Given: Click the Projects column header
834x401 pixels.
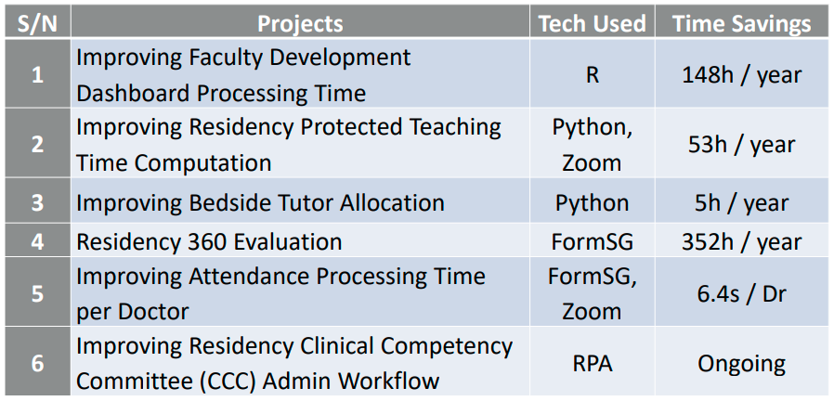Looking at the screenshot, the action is pos(300,24).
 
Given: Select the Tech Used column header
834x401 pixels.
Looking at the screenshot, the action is pos(592,24).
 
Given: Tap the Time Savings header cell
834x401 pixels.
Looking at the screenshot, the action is pos(742,24).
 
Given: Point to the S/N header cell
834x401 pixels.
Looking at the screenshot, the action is pos(37,24).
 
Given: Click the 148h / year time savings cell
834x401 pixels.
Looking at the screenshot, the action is pos(742,75).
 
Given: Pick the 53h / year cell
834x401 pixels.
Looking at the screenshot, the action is pos(742,145).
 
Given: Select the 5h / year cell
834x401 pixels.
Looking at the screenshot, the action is pos(742,202).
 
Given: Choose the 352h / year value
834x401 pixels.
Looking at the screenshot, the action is pos(742,242).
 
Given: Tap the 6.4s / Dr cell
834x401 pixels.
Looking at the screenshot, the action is pos(742,293).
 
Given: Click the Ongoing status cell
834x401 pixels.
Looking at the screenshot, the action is pos(742,364).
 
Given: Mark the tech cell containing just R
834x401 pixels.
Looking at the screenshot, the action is pos(592,75).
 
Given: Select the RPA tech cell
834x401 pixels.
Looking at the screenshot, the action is pos(592,364).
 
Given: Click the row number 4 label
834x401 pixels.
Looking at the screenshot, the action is pos(37,242).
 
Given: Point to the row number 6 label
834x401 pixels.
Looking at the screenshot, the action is pos(37,364).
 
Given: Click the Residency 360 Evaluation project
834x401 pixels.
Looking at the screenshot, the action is pos(209,242).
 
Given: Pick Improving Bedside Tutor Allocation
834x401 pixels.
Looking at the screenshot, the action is pos(260,202).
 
